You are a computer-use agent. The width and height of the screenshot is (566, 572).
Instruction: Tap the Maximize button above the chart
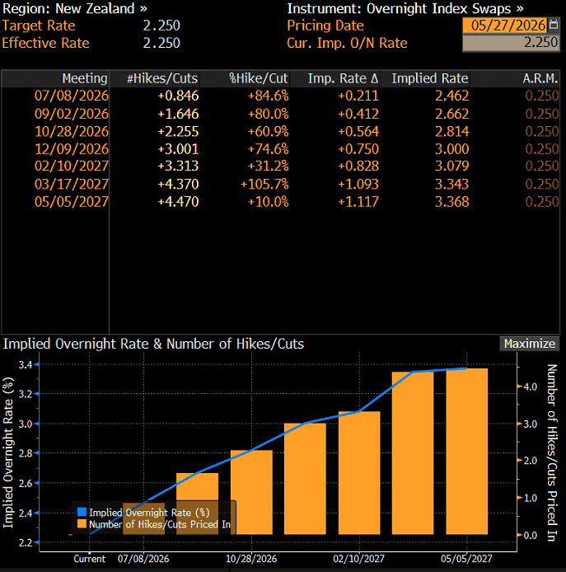point(530,344)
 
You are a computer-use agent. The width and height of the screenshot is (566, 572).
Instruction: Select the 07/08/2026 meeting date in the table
point(72,96)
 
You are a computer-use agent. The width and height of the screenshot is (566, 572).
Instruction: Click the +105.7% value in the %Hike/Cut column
point(264,184)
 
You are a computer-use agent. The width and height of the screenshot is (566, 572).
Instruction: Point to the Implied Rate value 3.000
point(451,149)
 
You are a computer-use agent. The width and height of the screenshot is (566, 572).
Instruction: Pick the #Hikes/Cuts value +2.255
point(178,131)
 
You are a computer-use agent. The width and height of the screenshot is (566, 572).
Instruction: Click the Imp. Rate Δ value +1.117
point(358,202)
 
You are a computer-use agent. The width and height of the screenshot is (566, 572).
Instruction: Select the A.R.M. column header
point(540,78)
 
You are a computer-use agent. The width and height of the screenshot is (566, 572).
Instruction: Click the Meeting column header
point(85,78)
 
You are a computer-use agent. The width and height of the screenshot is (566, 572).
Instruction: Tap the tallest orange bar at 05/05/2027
point(467,451)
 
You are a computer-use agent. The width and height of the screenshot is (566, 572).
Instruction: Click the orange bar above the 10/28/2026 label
point(251,492)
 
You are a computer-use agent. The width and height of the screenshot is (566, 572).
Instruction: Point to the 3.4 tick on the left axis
point(26,364)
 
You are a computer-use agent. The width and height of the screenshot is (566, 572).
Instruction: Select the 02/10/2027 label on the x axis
point(359,559)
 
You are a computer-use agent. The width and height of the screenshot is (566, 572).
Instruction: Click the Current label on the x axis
point(89,559)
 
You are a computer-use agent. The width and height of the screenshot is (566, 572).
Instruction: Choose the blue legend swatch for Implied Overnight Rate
point(82,512)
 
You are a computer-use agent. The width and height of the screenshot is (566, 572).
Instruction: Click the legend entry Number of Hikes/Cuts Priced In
point(160,524)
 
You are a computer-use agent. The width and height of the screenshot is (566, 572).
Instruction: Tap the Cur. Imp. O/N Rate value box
point(511,43)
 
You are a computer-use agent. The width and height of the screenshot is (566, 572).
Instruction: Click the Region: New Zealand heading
point(75,8)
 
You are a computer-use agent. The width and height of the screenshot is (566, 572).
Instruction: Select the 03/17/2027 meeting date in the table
point(72,184)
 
